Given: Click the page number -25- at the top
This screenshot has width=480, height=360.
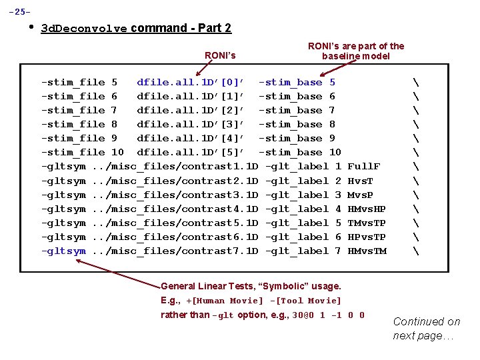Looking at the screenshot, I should point(19,12).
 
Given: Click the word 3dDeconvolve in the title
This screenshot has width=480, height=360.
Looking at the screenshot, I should point(85,29).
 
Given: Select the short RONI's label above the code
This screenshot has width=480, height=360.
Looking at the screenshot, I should point(220,55).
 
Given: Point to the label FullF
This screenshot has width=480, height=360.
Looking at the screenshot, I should point(364,167).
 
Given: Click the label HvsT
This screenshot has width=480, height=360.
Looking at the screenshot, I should point(361,181).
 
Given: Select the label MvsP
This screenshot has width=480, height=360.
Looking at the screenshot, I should point(361,195).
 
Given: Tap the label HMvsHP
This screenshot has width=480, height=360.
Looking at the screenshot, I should point(367,209).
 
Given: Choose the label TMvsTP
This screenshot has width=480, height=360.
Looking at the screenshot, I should point(367,223).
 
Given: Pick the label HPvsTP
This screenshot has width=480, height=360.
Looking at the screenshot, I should point(367,237).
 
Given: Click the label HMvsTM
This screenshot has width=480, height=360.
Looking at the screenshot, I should point(367,251).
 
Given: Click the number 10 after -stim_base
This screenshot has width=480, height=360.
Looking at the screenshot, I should point(335,153).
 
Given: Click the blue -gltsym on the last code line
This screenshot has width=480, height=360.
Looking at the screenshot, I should point(63,251).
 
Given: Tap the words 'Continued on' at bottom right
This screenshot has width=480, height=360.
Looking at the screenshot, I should point(427,322).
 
